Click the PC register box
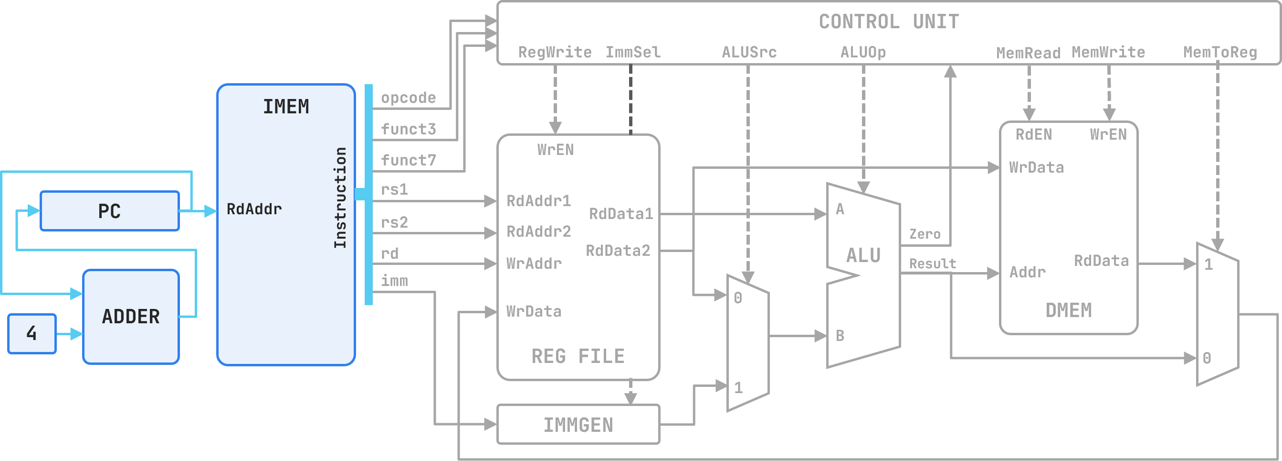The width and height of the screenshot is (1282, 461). [x=109, y=211]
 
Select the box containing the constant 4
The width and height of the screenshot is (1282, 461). [x=32, y=333]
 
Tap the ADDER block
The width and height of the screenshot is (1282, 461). [x=131, y=317]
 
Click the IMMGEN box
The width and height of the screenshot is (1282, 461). [x=578, y=425]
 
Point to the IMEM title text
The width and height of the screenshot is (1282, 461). [x=286, y=107]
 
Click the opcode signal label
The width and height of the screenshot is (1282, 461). [x=408, y=98]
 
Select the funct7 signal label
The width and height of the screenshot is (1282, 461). [x=408, y=160]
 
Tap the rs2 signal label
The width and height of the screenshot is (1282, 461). [x=394, y=222]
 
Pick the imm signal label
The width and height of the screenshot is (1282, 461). [x=394, y=281]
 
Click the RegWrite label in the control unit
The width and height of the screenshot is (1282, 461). [x=555, y=52]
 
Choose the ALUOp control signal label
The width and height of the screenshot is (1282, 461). [x=863, y=52]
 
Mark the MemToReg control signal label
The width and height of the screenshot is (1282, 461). [x=1220, y=52]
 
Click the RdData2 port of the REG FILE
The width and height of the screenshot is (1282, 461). [x=618, y=251]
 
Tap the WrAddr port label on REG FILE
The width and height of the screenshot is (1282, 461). [x=534, y=263]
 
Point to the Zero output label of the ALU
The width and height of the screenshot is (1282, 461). [x=925, y=234]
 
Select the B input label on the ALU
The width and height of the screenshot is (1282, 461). [x=840, y=336]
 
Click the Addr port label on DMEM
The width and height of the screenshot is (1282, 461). [x=1027, y=272]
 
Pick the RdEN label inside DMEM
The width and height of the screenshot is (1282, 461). [x=1034, y=134]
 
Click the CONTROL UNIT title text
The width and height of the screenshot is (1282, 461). [x=889, y=22]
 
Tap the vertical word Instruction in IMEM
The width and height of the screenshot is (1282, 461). [x=340, y=198]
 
